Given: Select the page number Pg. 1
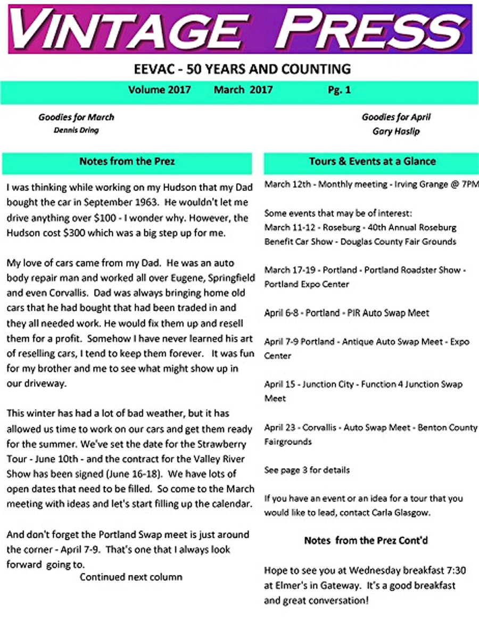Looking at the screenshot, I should click(x=339, y=90).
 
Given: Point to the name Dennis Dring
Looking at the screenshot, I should click(x=76, y=130).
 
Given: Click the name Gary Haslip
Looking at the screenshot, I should click(x=396, y=131).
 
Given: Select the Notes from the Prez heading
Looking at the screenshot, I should click(x=127, y=161).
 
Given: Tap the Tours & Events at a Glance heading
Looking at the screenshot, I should click(x=372, y=161).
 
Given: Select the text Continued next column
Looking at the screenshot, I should click(x=131, y=577).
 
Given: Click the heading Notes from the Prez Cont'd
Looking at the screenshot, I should click(x=366, y=540).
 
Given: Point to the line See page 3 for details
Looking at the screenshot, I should click(x=307, y=470).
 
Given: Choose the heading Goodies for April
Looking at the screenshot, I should click(x=396, y=117).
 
